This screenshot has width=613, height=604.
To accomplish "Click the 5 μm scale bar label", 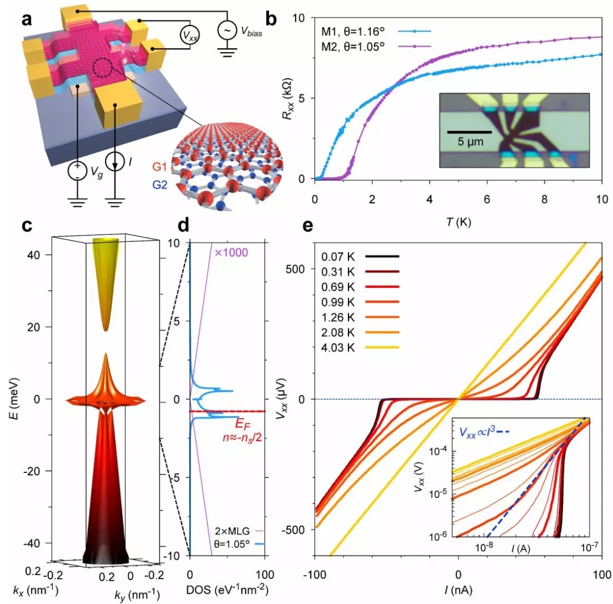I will click(x=469, y=140).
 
